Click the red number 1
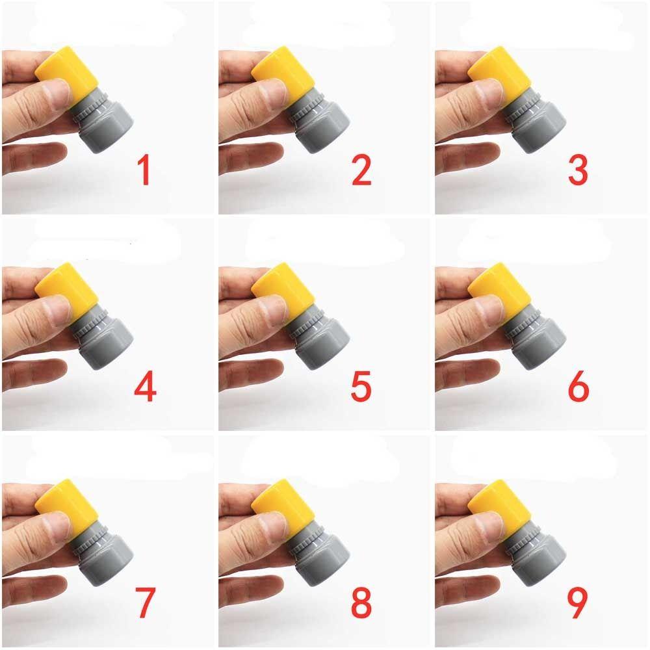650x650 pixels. point(144,170)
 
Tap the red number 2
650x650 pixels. point(361,170)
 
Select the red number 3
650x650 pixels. point(578,170)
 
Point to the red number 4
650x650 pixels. point(145,386)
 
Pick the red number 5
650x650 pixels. point(361,386)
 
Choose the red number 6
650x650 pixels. point(578,386)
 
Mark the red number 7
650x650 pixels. point(145,603)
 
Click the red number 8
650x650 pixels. point(361,603)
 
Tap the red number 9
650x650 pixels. point(577,603)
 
